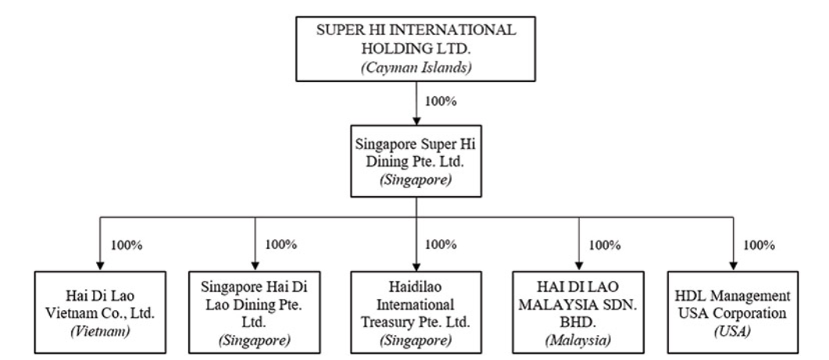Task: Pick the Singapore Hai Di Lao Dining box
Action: [x=255, y=310]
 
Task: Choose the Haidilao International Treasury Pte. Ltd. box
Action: [x=416, y=310]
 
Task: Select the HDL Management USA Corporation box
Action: [x=734, y=310]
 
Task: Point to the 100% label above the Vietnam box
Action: [x=127, y=244]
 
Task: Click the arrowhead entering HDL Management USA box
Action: [x=734, y=264]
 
